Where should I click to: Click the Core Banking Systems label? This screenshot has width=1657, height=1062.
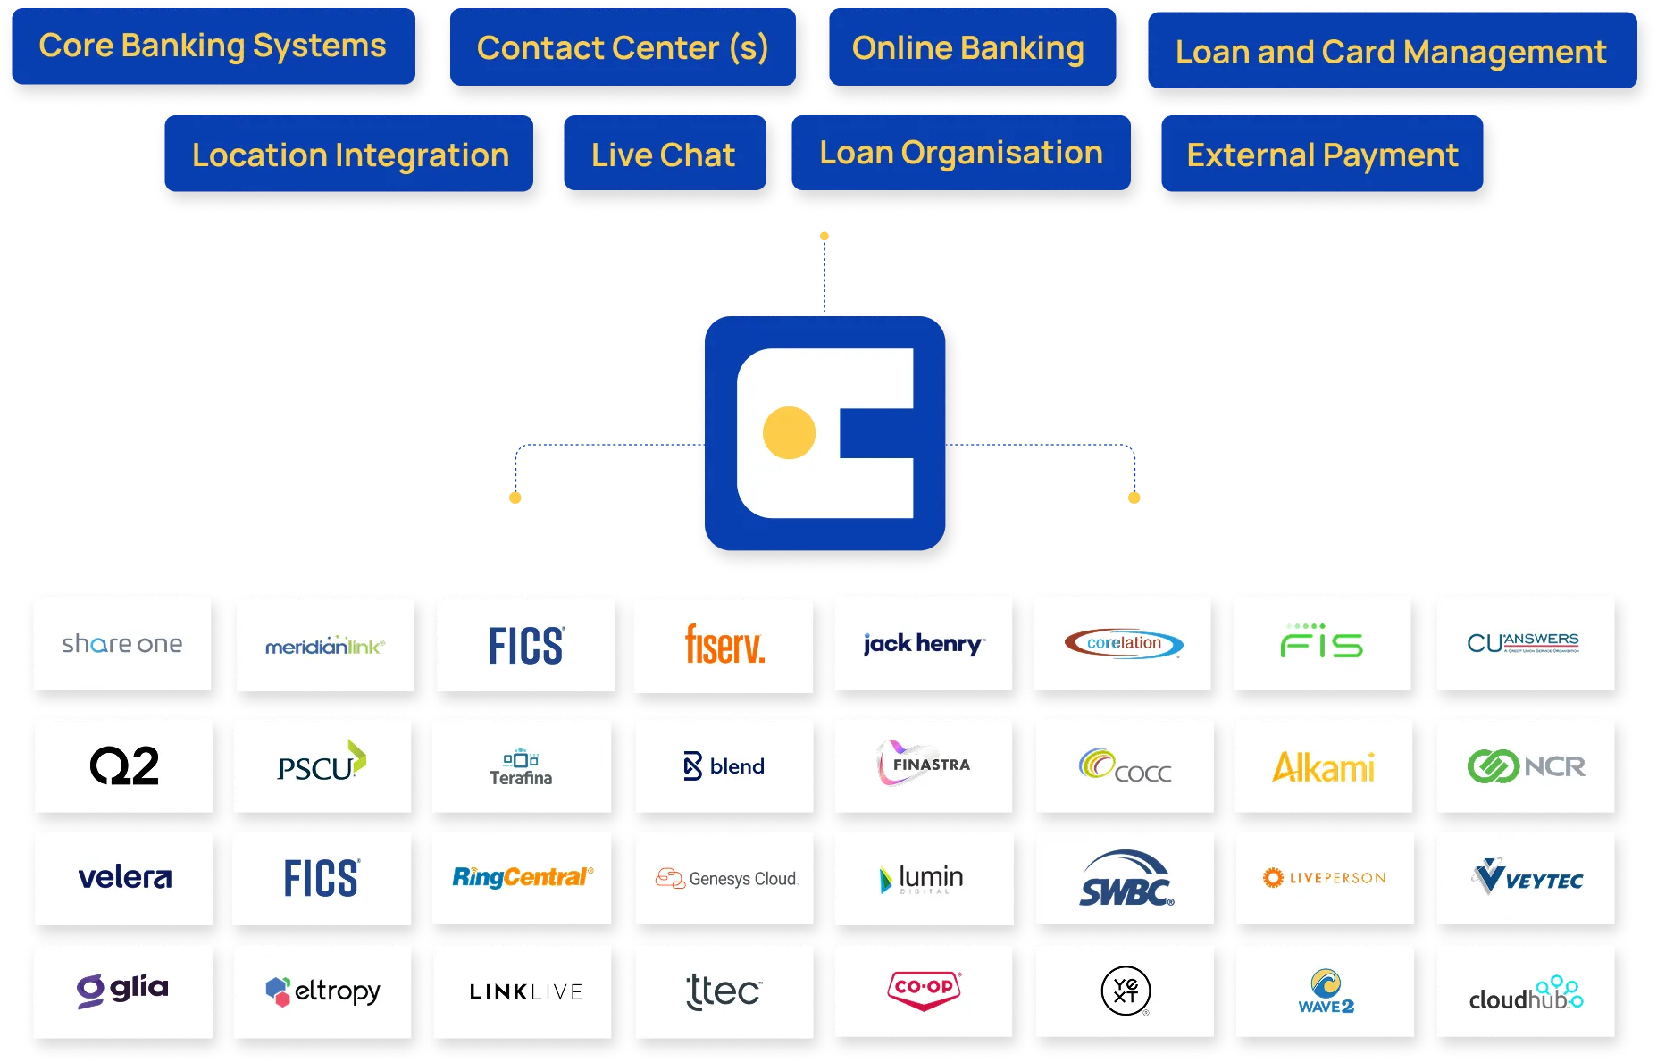tap(213, 46)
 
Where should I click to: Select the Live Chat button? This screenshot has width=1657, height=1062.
tap(663, 155)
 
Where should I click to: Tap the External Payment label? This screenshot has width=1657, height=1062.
tap(1322, 155)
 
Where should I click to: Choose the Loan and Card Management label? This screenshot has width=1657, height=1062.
tap(1391, 52)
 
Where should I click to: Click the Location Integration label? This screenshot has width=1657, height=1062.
tap(350, 155)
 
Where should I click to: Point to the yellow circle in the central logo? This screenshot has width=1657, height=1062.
tap(789, 432)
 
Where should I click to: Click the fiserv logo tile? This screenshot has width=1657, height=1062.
tap(724, 645)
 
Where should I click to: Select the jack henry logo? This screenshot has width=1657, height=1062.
tap(924, 644)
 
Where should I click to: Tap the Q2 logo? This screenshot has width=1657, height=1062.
tap(124, 766)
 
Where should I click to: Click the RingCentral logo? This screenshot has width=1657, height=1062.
tap(522, 877)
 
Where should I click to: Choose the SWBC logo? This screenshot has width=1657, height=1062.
tap(1126, 879)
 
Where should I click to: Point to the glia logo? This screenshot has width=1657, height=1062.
tap(123, 990)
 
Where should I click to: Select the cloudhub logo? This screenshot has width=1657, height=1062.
tap(1525, 993)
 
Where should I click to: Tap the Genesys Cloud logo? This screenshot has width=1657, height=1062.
tap(725, 879)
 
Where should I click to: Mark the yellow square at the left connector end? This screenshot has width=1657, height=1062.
tap(515, 496)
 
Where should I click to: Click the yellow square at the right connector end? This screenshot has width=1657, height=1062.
tap(1134, 497)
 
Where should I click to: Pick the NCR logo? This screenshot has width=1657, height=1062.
tap(1526, 766)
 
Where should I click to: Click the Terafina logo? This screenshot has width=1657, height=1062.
tap(521, 767)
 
